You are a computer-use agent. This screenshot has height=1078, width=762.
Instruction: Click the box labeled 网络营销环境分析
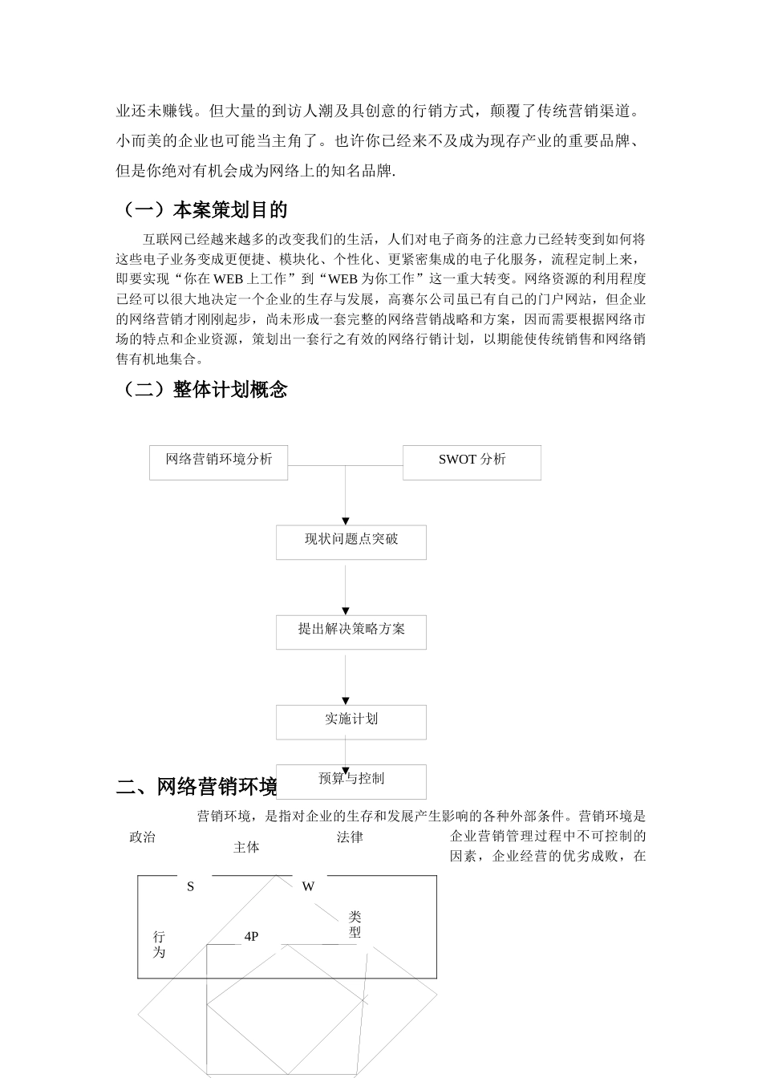click(218, 462)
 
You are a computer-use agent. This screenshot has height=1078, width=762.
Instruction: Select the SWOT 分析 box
click(472, 462)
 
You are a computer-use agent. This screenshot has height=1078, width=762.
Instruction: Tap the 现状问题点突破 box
click(351, 542)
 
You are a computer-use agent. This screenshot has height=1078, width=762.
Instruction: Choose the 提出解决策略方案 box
click(351, 632)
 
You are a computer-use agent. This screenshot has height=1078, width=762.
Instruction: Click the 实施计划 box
click(351, 722)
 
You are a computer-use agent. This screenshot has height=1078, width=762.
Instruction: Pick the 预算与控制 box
click(351, 780)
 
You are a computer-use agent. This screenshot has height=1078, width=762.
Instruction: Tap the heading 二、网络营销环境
click(197, 787)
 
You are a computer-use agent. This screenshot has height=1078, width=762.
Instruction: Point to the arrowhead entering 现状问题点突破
click(346, 521)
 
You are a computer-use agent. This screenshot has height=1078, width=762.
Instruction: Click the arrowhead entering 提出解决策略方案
click(346, 611)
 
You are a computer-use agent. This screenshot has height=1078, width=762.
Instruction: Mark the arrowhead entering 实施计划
click(346, 701)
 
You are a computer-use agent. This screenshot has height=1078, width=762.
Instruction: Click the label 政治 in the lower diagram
click(142, 837)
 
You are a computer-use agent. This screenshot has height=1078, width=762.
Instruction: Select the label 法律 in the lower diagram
click(350, 837)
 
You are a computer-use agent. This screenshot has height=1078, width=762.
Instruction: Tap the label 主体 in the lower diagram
click(246, 848)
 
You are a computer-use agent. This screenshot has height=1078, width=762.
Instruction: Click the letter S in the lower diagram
click(191, 886)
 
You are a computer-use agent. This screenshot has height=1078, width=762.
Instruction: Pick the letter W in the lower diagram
click(308, 886)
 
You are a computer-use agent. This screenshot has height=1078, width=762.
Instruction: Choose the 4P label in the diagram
click(251, 936)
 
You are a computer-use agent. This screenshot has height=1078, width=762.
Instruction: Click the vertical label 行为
click(159, 945)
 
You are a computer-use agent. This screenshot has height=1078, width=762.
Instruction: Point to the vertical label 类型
click(355, 925)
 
